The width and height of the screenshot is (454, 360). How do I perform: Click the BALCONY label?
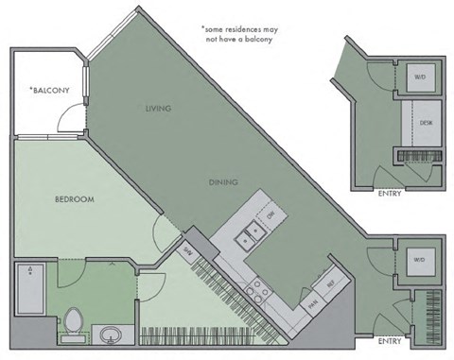tap(51, 90)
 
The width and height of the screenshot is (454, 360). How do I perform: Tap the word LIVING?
tap(159, 109)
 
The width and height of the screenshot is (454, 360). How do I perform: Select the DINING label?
tap(224, 181)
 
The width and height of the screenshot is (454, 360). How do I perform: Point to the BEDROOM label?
tap(74, 199)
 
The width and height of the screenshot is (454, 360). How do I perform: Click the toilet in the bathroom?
tap(71, 324)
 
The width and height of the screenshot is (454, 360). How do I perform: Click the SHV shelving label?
tap(187, 251)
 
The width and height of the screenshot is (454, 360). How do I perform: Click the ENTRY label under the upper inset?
tap(389, 195)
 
